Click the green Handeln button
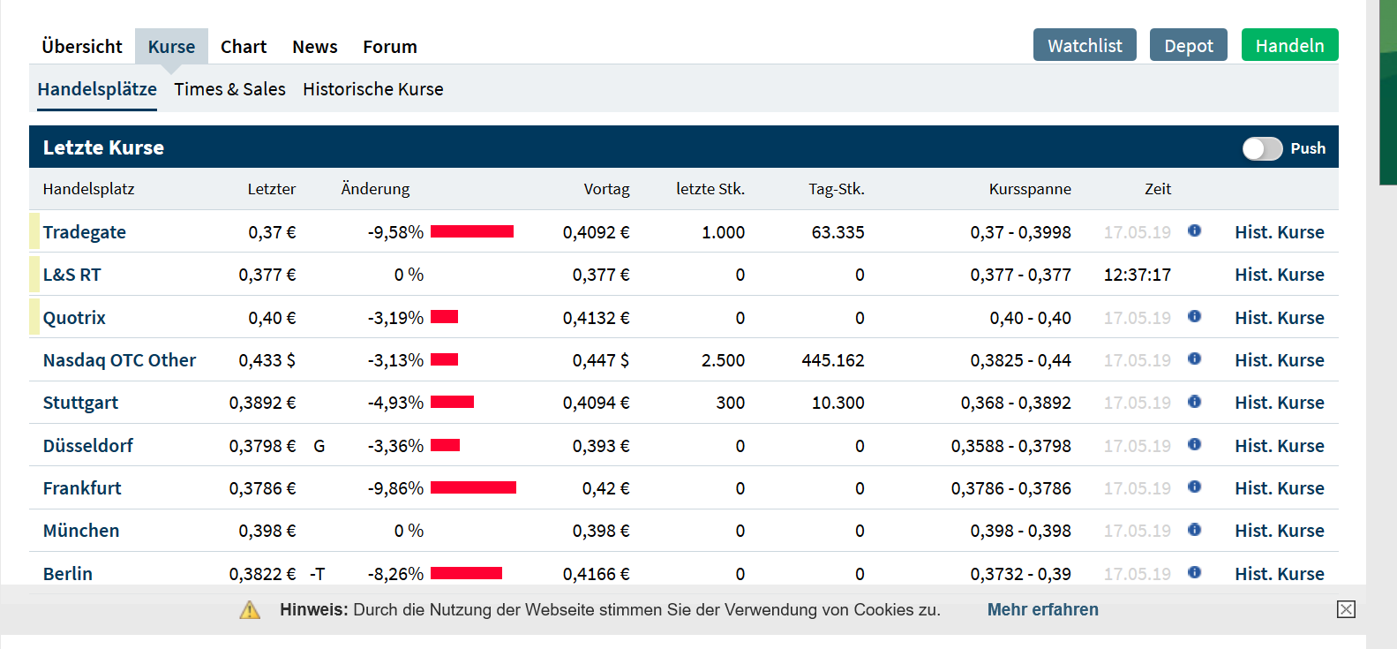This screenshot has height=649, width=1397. point(1289,45)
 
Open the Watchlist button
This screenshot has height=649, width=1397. point(1085,45)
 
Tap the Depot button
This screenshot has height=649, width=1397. point(1188,45)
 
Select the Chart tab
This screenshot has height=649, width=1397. point(244,47)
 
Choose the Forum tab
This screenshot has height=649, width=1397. point(389,47)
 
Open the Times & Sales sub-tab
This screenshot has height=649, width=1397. point(229,89)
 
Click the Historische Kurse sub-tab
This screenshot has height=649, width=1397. point(372,89)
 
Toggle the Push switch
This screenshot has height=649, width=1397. point(1262,148)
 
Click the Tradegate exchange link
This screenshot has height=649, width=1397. point(85,232)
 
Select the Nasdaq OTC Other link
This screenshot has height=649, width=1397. point(119,360)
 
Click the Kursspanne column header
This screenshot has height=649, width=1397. point(1029,189)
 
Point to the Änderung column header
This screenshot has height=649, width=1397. point(375,189)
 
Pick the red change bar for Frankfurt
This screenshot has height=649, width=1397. point(473,487)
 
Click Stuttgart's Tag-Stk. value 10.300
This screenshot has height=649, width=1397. point(837,403)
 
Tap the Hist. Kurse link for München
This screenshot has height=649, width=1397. point(1279,531)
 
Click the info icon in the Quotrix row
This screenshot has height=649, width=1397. point(1194,316)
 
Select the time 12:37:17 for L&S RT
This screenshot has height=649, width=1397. point(1137,275)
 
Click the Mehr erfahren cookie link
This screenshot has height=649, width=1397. point(1042,609)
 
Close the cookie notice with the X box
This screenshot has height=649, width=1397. point(1346,609)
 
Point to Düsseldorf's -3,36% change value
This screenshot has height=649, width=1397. point(395,446)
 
